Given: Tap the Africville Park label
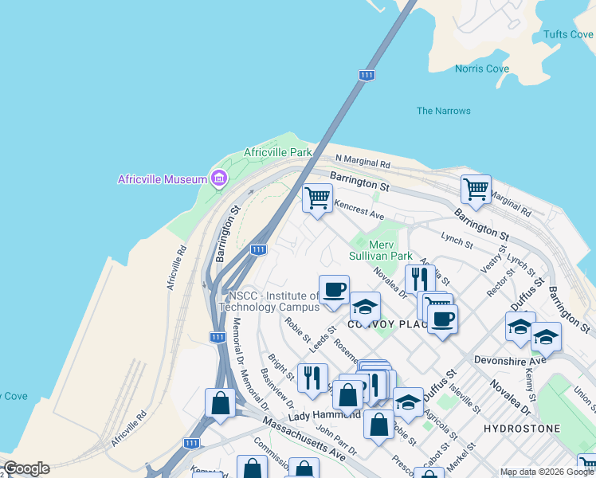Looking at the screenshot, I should pos(278,152).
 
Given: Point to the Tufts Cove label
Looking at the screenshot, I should pos(567,34).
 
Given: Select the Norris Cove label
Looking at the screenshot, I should pos(482,69).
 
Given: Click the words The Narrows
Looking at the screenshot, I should pos(444,111).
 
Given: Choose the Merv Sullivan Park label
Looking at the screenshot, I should pos(381,250).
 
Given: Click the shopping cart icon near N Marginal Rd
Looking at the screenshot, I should pos(476,189).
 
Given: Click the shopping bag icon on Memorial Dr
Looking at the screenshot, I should pos(220,403).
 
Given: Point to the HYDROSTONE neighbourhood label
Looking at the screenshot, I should pos(522,429).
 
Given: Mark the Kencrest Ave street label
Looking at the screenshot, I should pos(359,210).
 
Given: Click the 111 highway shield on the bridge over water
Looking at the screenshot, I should pos(367,75).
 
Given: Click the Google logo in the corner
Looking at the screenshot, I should pos(26,468).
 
